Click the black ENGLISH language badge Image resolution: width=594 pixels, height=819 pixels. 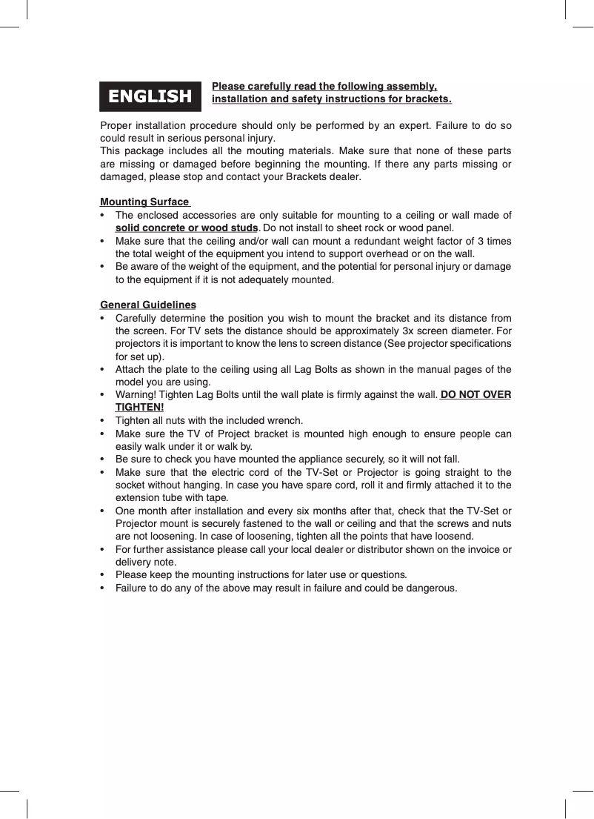point(150,96)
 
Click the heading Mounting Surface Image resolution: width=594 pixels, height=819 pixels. point(144,202)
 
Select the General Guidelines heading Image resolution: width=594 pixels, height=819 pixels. point(148,305)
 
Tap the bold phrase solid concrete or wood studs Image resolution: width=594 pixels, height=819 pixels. point(187,228)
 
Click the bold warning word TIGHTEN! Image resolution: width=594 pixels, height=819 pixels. point(139,407)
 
